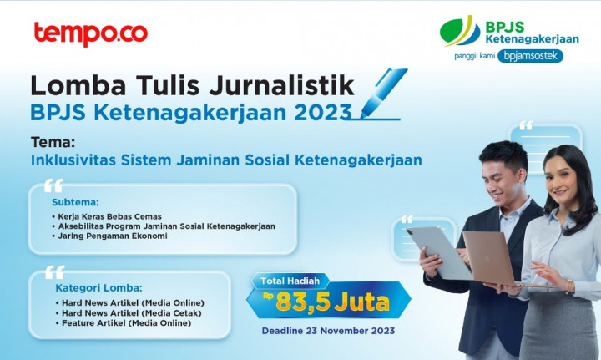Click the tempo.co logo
(x=90, y=33)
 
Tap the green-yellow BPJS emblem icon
(x=460, y=31)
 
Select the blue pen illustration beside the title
(x=382, y=92)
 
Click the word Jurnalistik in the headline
(x=282, y=86)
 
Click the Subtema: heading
(x=75, y=202)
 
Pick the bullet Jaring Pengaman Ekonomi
(x=112, y=236)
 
